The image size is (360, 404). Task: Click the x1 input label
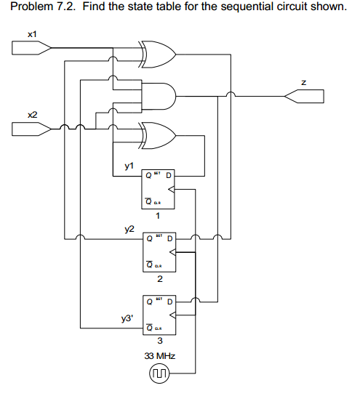(32, 34)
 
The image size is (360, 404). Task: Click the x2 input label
(32, 115)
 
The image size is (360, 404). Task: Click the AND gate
(159, 94)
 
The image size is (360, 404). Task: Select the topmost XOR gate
(159, 53)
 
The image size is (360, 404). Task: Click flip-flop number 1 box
(158, 190)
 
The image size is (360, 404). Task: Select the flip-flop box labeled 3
(158, 315)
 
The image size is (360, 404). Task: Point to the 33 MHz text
(159, 356)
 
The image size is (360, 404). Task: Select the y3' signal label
(127, 318)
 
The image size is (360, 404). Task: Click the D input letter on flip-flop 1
(169, 175)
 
